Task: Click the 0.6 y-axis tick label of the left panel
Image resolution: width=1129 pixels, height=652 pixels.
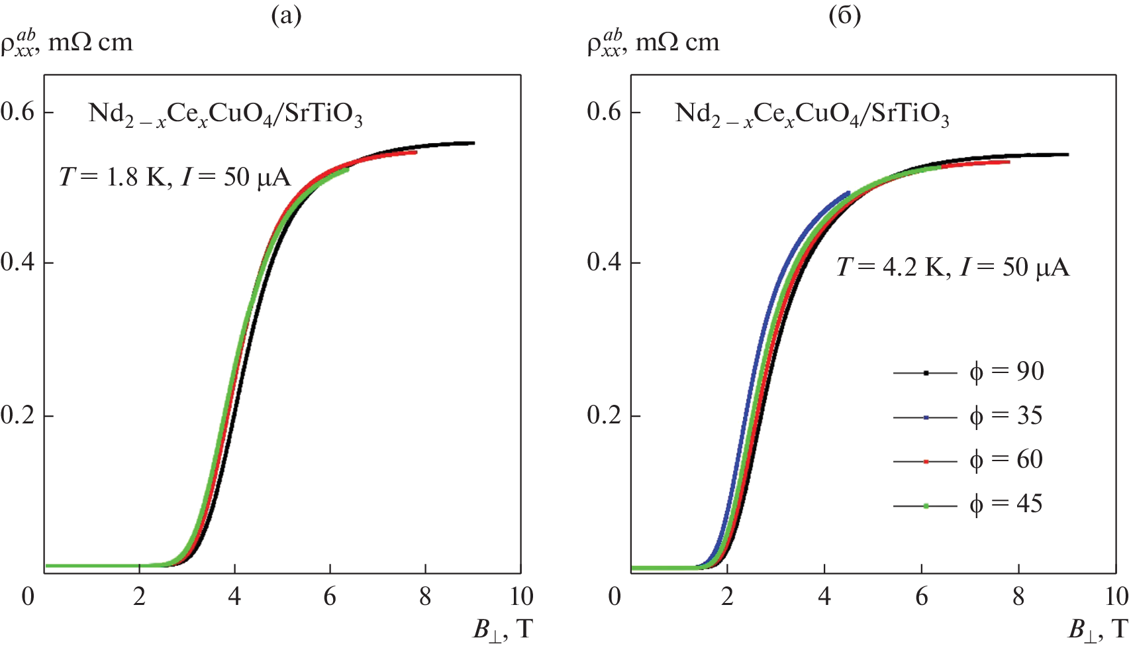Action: coord(18,111)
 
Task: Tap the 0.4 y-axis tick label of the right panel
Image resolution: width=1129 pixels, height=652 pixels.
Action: coord(604,262)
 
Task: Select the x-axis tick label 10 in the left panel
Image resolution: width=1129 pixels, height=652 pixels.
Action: coord(521,597)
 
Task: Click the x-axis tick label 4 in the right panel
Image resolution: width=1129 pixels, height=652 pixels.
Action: coord(824,597)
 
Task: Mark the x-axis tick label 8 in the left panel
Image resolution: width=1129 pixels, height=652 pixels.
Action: coord(425,597)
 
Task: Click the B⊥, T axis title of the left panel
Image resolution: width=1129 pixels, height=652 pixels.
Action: coord(503,628)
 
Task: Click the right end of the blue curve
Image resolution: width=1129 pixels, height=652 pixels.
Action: coord(848,193)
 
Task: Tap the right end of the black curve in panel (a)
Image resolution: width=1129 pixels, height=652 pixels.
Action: coord(473,142)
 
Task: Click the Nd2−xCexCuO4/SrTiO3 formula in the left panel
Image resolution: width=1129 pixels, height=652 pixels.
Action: coord(225,115)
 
